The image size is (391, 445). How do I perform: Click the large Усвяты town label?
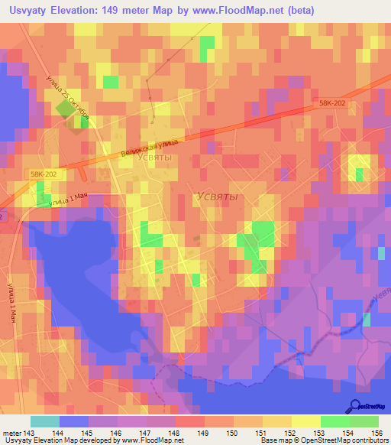[x=217, y=197]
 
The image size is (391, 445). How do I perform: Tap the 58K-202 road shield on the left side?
[x=44, y=174]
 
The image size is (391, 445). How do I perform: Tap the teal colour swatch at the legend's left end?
[x=45, y=421]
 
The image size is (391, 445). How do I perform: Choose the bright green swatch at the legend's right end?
[x=364, y=421]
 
